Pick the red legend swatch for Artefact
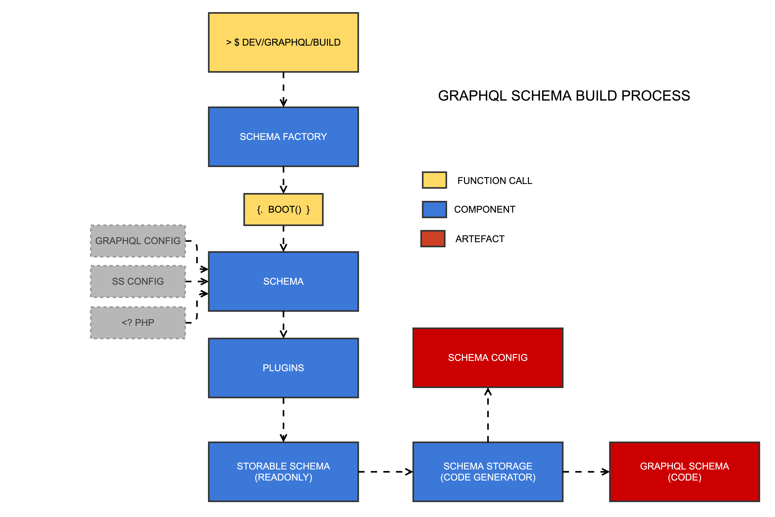(433, 239)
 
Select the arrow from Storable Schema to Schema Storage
(385, 472)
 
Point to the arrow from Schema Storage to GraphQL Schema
(586, 472)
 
